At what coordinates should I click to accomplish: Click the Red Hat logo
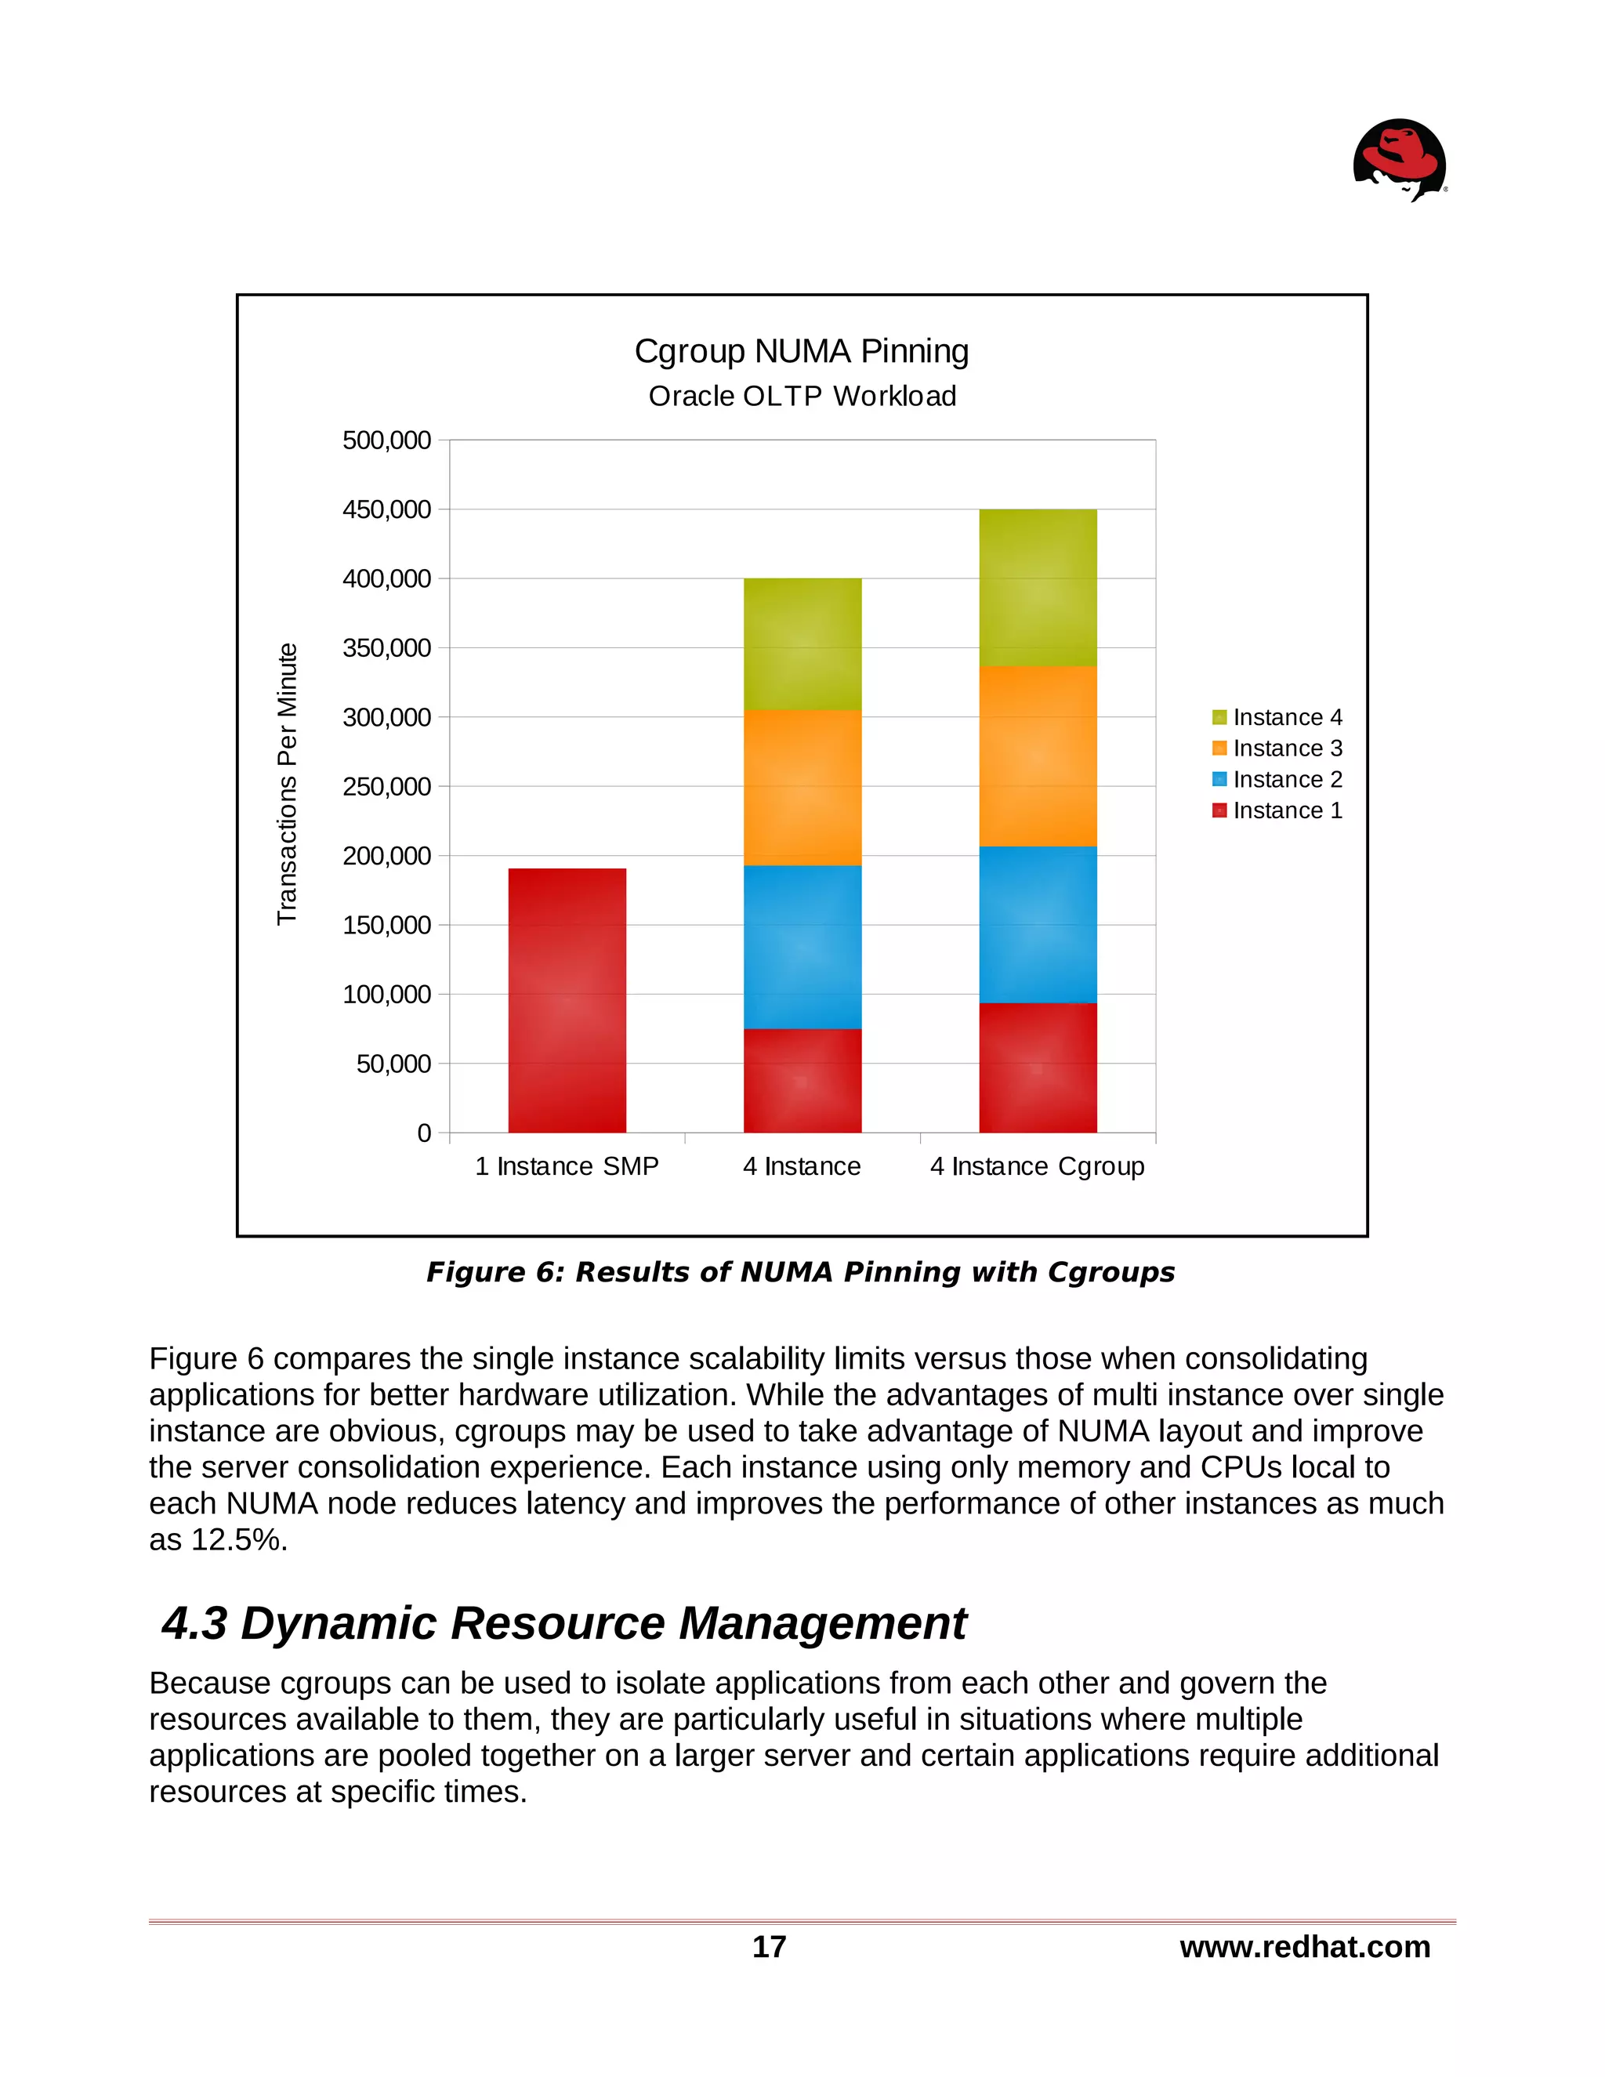click(1400, 159)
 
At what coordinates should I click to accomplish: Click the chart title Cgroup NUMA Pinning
click(802, 351)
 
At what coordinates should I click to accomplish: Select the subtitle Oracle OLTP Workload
click(802, 396)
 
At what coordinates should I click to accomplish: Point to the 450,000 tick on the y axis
click(386, 509)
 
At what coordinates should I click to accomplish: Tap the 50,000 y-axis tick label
click(393, 1064)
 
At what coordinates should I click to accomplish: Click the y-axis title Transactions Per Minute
click(287, 784)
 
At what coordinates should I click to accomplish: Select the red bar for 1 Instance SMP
click(567, 999)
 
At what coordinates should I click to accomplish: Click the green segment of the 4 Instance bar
click(802, 643)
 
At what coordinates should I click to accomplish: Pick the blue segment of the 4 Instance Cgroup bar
click(1038, 923)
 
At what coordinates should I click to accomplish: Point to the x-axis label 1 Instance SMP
click(567, 1166)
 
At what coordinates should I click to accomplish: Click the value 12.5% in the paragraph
click(237, 1539)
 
